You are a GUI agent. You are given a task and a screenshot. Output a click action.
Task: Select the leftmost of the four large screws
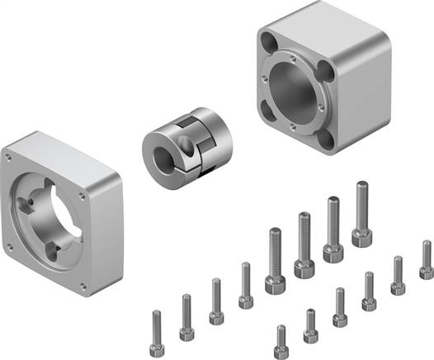[276, 260]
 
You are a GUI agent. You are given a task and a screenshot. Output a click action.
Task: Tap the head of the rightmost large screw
[361, 238]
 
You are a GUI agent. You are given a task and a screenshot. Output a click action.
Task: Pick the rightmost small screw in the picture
[426, 260]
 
